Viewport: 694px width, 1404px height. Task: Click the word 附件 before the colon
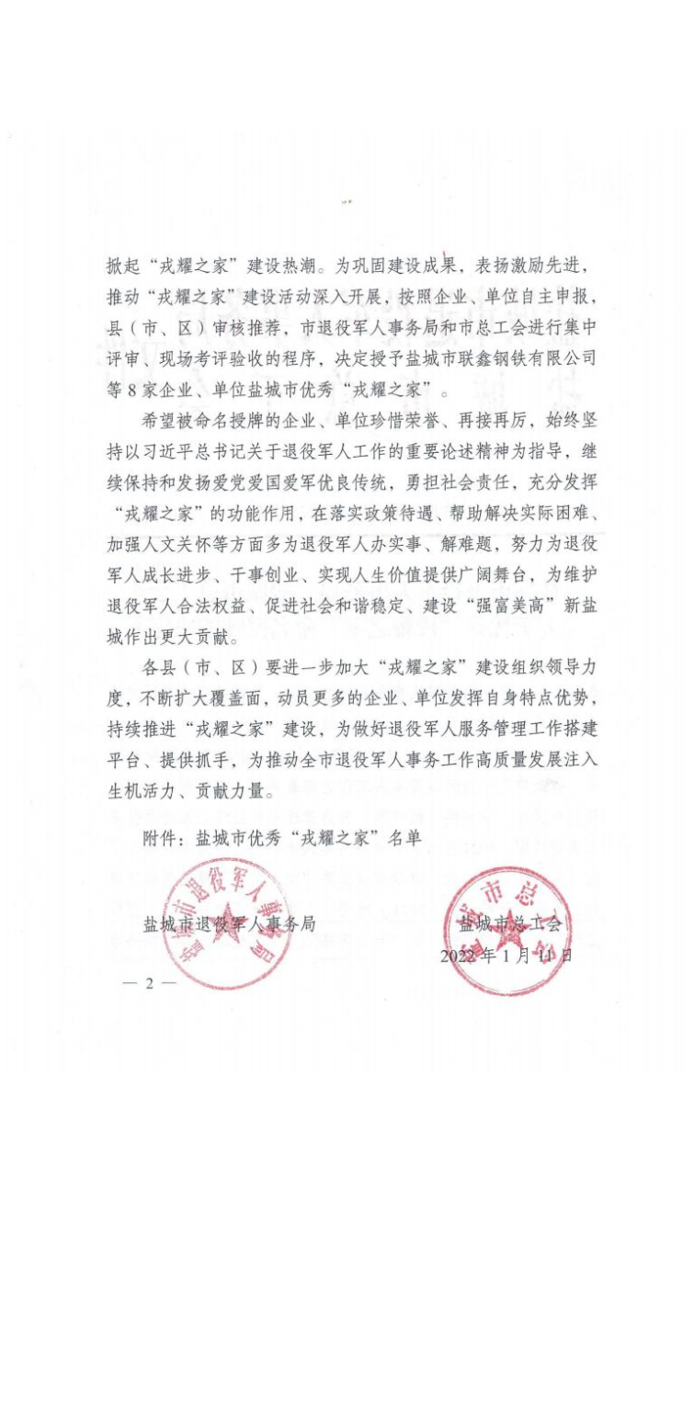coord(157,838)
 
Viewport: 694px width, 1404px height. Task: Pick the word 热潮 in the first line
coord(298,266)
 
